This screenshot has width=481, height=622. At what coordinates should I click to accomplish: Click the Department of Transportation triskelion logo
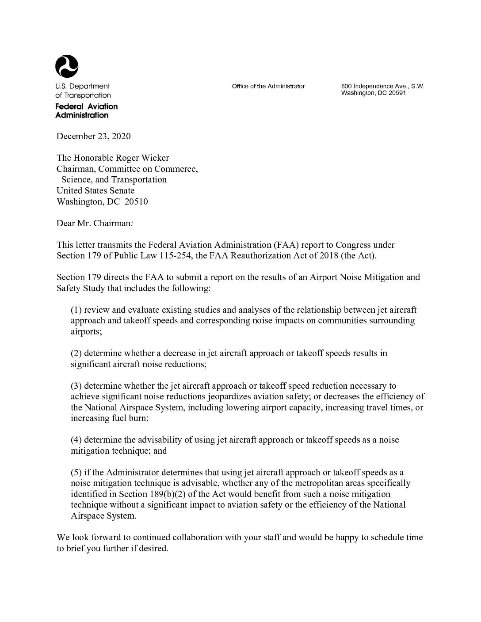[x=67, y=67]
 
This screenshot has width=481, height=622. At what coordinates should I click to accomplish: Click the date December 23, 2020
[x=93, y=136]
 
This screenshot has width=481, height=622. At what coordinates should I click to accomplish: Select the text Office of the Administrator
[x=268, y=86]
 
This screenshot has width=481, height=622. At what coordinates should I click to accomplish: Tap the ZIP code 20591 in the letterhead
[x=397, y=93]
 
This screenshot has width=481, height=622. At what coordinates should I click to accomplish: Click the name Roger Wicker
[x=142, y=158]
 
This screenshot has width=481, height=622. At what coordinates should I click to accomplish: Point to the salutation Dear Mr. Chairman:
[x=95, y=223]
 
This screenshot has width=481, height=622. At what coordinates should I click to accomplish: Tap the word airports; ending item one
[x=86, y=331]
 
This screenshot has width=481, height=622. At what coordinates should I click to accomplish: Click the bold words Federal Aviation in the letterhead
[x=86, y=106]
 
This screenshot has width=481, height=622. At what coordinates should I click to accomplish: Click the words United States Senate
[x=95, y=190]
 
